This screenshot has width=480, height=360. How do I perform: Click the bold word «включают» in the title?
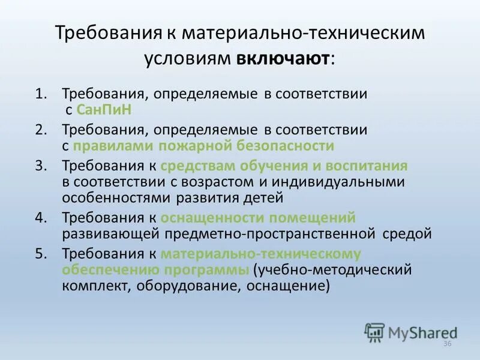(x=283, y=59)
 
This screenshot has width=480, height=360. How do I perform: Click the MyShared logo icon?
(x=375, y=332)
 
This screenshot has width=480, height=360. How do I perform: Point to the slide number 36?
(x=446, y=344)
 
